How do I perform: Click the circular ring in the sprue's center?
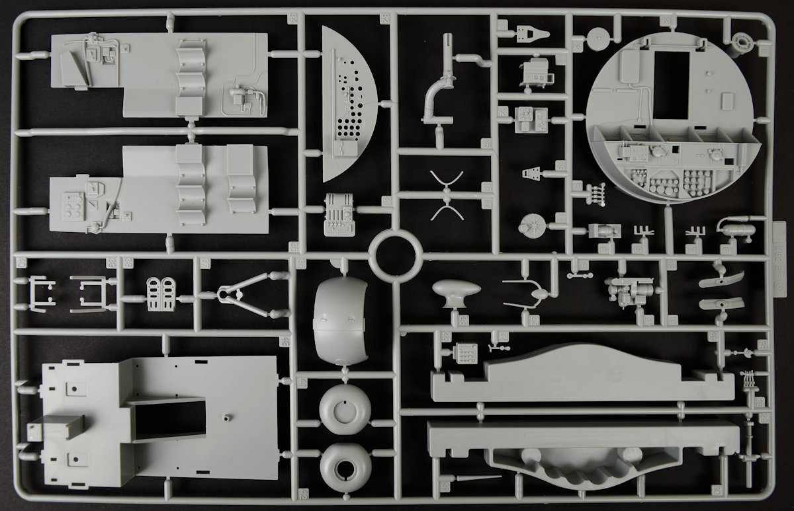tap(395, 255)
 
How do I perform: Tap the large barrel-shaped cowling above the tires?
tap(339, 319)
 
